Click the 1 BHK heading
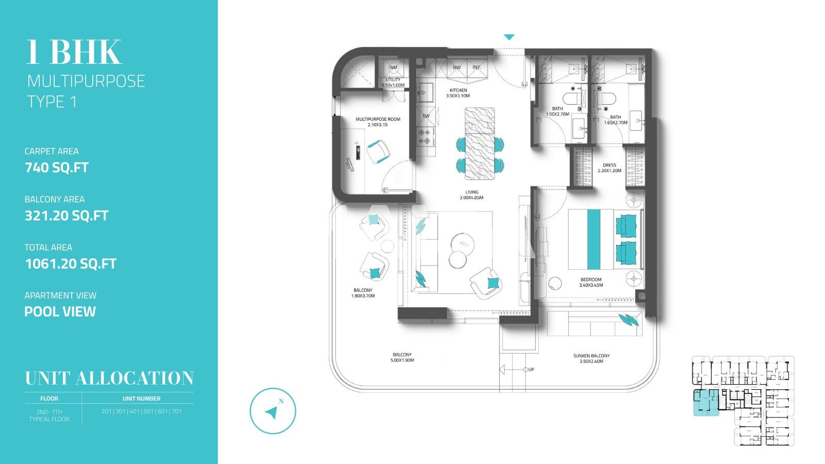[74, 52]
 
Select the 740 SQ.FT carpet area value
[57, 168]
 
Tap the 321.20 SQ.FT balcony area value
[67, 216]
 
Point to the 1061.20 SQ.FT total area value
[71, 264]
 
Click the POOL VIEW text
[60, 311]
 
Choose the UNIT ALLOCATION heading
[109, 378]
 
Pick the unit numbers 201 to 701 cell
[141, 411]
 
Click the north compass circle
[273, 411]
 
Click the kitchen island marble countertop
[480, 143]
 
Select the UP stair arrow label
[531, 370]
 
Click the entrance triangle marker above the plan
[509, 37]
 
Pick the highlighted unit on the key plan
[704, 403]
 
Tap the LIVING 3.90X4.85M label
[471, 194]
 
